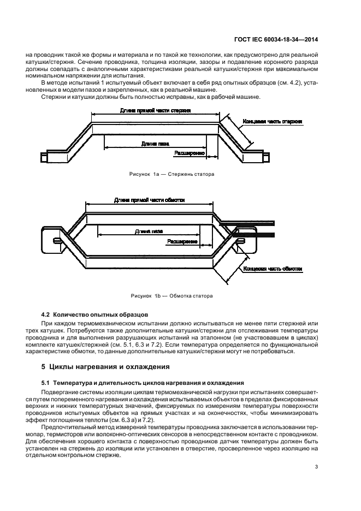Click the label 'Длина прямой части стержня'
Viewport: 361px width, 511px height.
point(155,110)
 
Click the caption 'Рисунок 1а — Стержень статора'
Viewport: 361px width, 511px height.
point(171,175)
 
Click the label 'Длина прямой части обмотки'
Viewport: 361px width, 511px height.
point(149,200)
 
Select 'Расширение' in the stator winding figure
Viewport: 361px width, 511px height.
point(182,241)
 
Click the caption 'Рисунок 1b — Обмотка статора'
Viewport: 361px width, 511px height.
point(171,296)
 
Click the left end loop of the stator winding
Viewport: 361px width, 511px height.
point(56,240)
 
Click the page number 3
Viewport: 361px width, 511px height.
point(316,467)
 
